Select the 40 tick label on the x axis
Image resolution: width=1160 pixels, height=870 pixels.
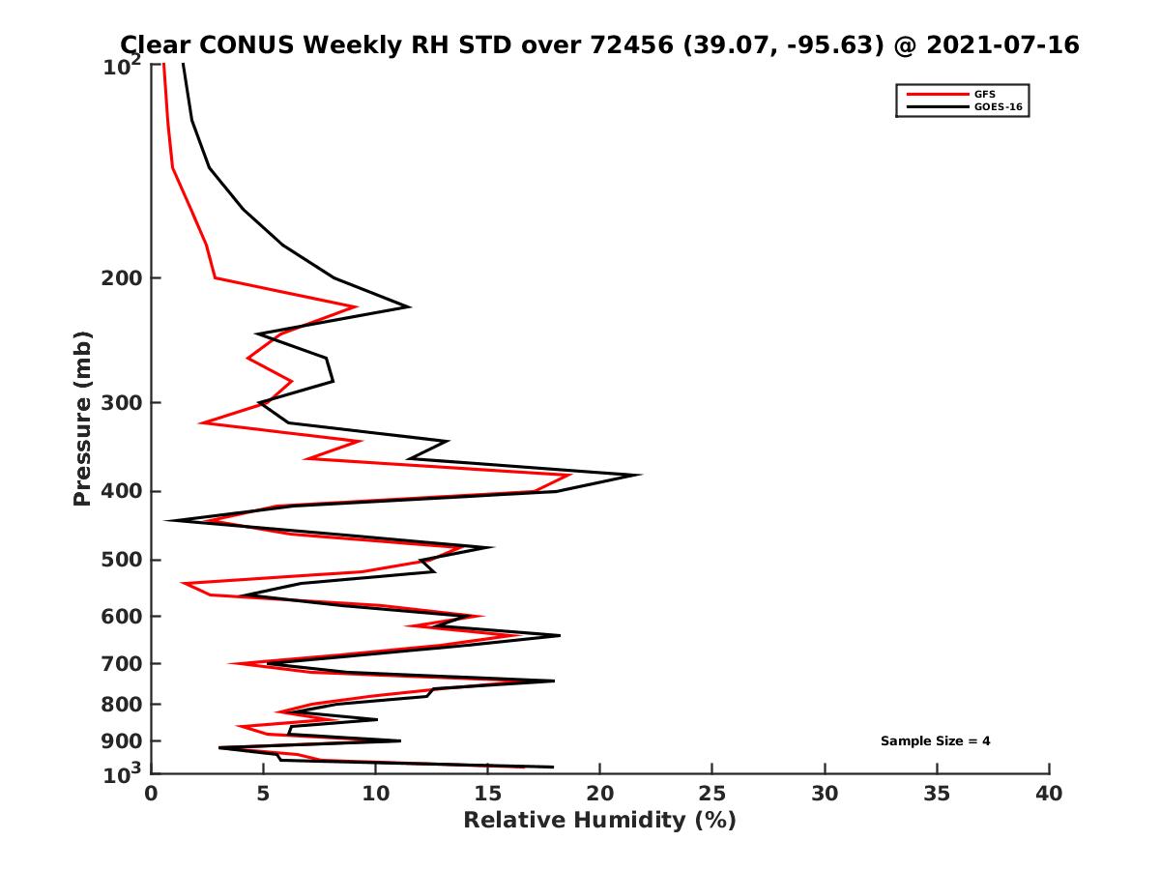(x=1049, y=795)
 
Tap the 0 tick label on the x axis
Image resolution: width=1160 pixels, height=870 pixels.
(x=151, y=795)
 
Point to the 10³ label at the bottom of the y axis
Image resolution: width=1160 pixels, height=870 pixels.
(x=123, y=774)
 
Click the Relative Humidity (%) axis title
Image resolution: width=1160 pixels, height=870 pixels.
(x=599, y=821)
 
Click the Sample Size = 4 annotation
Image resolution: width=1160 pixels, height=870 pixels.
(x=935, y=741)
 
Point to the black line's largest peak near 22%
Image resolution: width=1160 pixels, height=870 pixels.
(x=640, y=475)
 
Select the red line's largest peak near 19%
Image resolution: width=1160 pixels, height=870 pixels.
(x=570, y=475)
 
